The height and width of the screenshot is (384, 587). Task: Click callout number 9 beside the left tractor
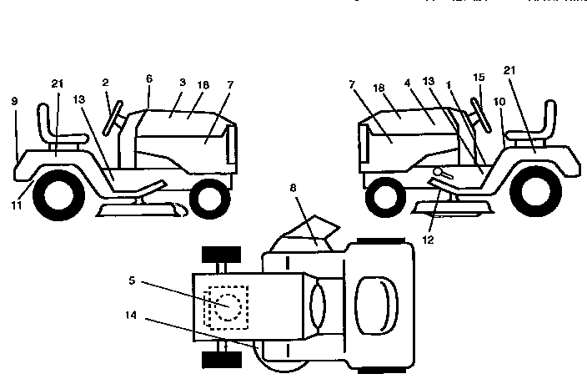click(x=14, y=102)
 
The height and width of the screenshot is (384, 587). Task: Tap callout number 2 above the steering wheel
click(x=106, y=83)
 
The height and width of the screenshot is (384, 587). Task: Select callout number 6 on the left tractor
click(x=148, y=78)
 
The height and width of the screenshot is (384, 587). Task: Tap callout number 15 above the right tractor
click(x=479, y=77)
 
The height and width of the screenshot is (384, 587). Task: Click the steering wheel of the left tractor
click(x=111, y=116)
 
